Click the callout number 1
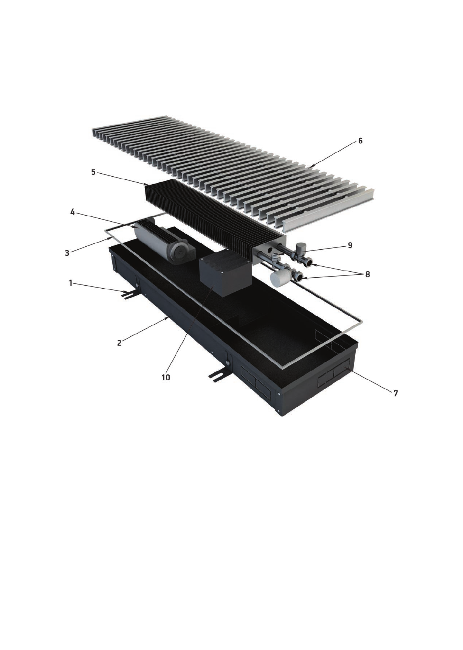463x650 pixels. pos(71,283)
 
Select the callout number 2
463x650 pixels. pos(119,343)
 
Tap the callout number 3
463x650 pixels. pos(67,253)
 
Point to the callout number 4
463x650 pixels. pos(73,212)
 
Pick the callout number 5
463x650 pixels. pos(93,173)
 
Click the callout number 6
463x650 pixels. pos(360,141)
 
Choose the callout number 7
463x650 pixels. pos(395,393)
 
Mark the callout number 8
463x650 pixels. pos(367,274)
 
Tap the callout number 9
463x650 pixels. pos(350,245)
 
